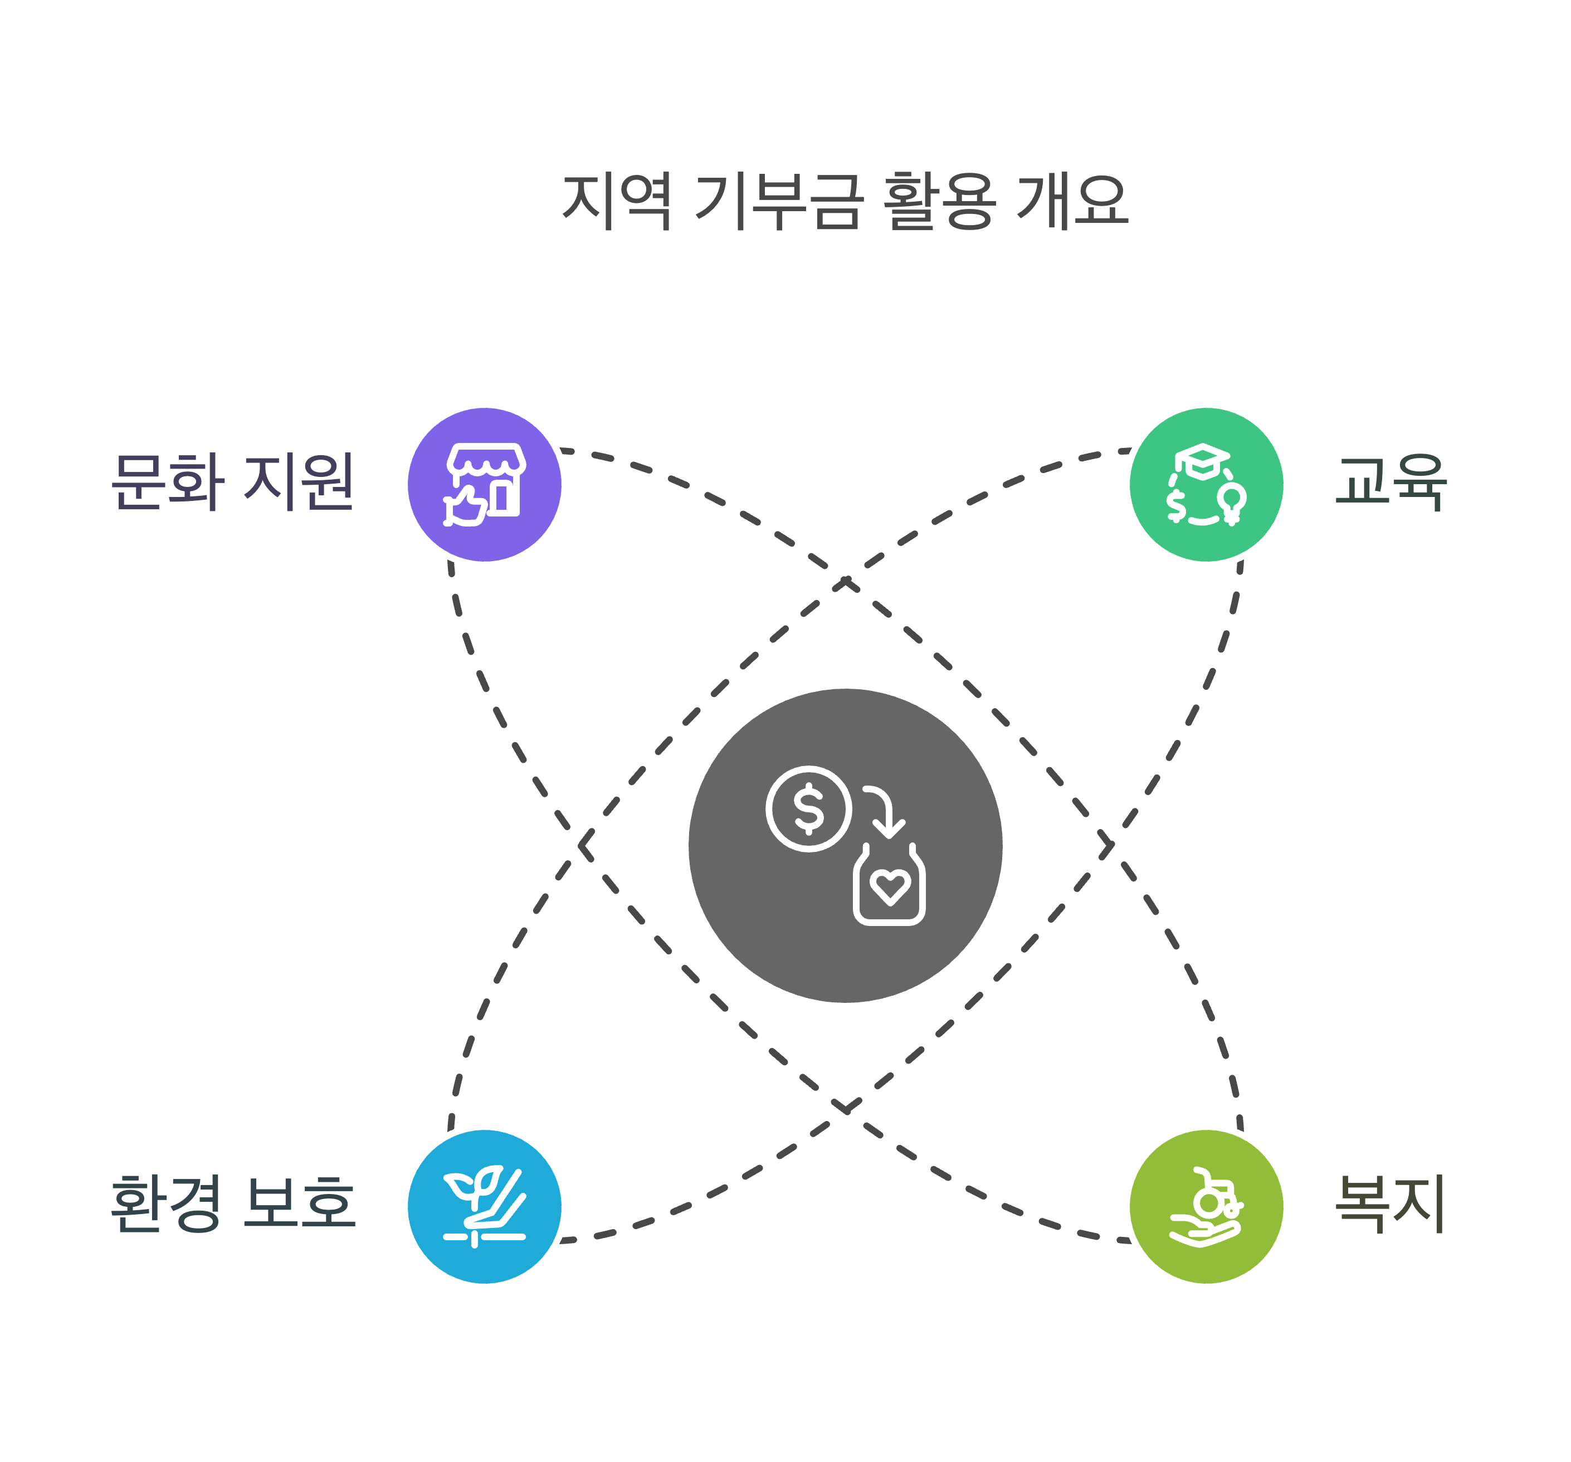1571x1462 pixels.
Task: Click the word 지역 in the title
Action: (616, 202)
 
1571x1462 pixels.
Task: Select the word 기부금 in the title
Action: (778, 202)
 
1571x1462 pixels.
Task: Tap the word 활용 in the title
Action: (939, 202)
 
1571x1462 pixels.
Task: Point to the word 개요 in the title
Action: (1072, 202)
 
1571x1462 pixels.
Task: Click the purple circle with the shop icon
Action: (485, 484)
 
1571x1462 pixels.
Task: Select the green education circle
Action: (1206, 484)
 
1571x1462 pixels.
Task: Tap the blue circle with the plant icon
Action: (485, 1207)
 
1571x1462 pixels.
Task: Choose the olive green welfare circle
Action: (1206, 1207)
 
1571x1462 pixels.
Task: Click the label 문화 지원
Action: (232, 482)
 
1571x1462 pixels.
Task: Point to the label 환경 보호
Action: (232, 1203)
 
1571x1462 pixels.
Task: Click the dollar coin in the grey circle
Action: (808, 808)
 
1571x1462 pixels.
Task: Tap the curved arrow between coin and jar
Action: (885, 810)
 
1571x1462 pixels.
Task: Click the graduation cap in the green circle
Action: (1202, 460)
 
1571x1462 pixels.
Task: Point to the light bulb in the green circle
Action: (1231, 501)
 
